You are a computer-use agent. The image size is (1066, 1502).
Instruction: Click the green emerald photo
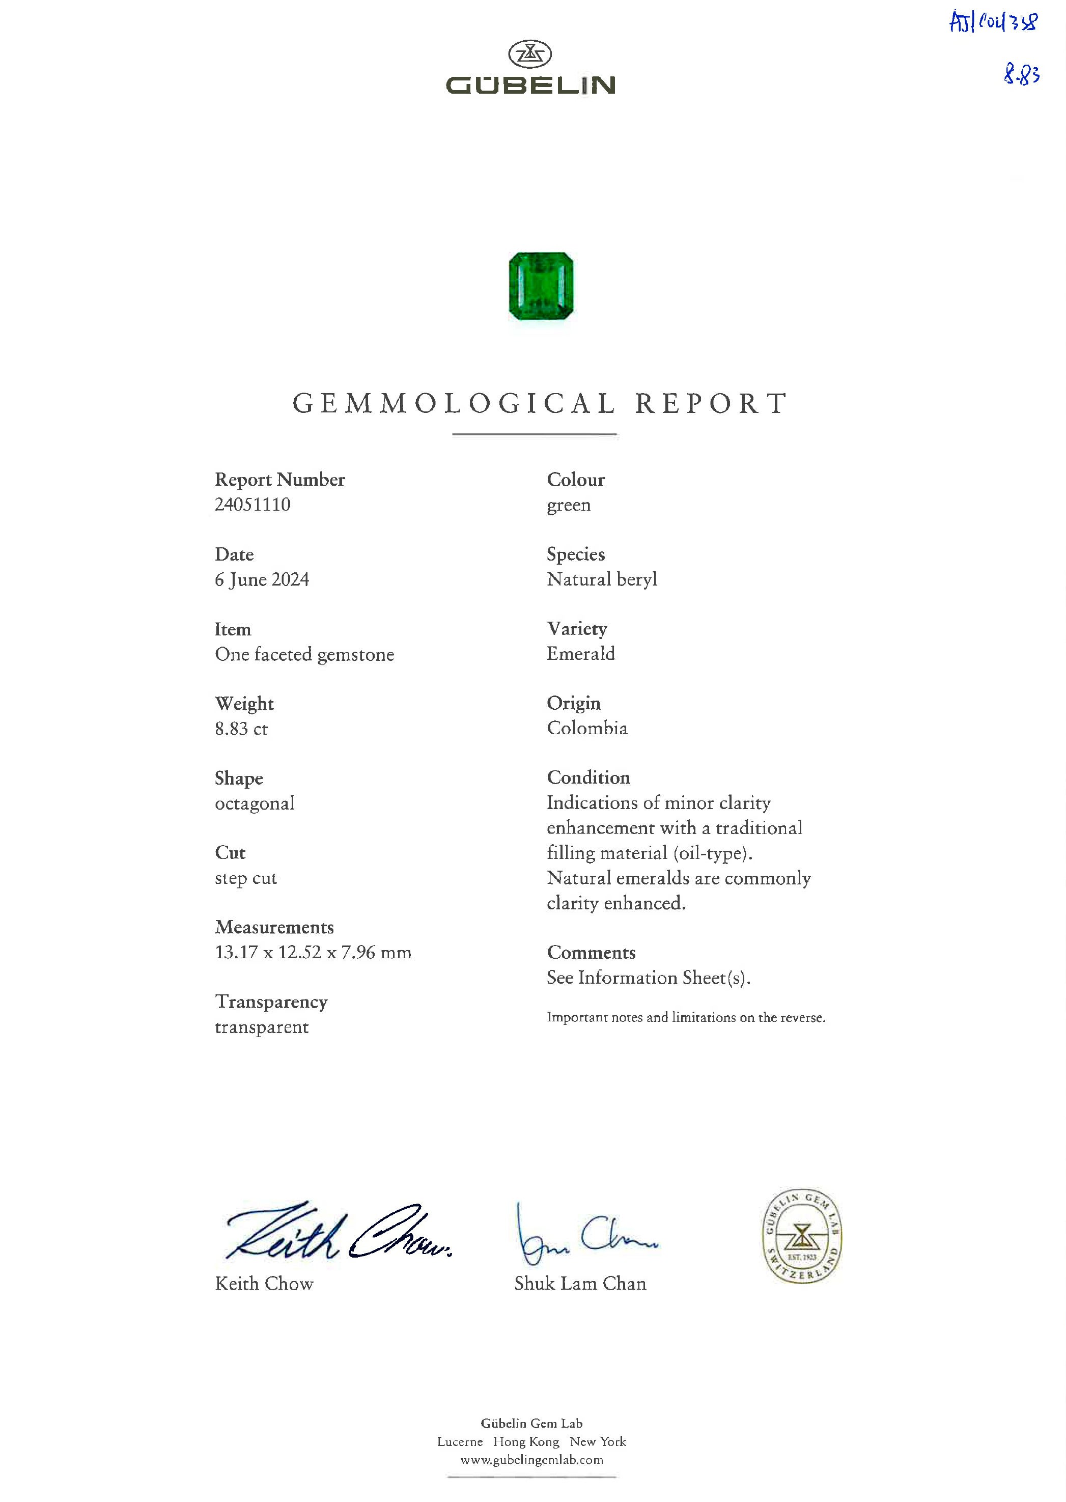[x=541, y=286]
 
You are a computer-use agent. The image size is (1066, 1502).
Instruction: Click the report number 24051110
[x=253, y=505]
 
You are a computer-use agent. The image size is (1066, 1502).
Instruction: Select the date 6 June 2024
[x=262, y=579]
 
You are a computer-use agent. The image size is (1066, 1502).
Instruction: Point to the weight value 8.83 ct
[x=242, y=729]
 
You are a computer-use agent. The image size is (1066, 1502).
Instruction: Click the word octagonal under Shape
[x=255, y=803]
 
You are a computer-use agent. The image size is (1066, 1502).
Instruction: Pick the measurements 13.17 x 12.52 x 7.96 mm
[x=313, y=953]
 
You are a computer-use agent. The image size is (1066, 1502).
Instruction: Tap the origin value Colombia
[x=587, y=728]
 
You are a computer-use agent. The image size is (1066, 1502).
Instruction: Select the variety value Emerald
[x=581, y=654]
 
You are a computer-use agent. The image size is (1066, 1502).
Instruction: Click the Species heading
[x=576, y=554]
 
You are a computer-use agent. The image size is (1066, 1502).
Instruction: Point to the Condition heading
[x=588, y=778]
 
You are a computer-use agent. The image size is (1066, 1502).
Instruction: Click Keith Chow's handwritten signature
[x=338, y=1232]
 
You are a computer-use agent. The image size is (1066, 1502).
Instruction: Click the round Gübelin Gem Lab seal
[x=802, y=1236]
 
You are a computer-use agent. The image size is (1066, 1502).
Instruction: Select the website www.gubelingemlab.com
[x=531, y=1459]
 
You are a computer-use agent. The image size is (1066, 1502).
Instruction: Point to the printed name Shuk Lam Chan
[x=580, y=1284]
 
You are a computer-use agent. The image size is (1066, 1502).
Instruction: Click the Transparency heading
[x=271, y=1002]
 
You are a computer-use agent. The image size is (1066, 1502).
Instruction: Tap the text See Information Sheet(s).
[x=649, y=978]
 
